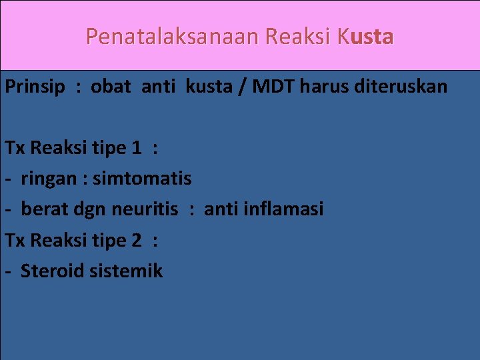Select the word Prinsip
35,87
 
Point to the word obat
111,87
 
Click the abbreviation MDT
267,87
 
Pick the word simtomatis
142,179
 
